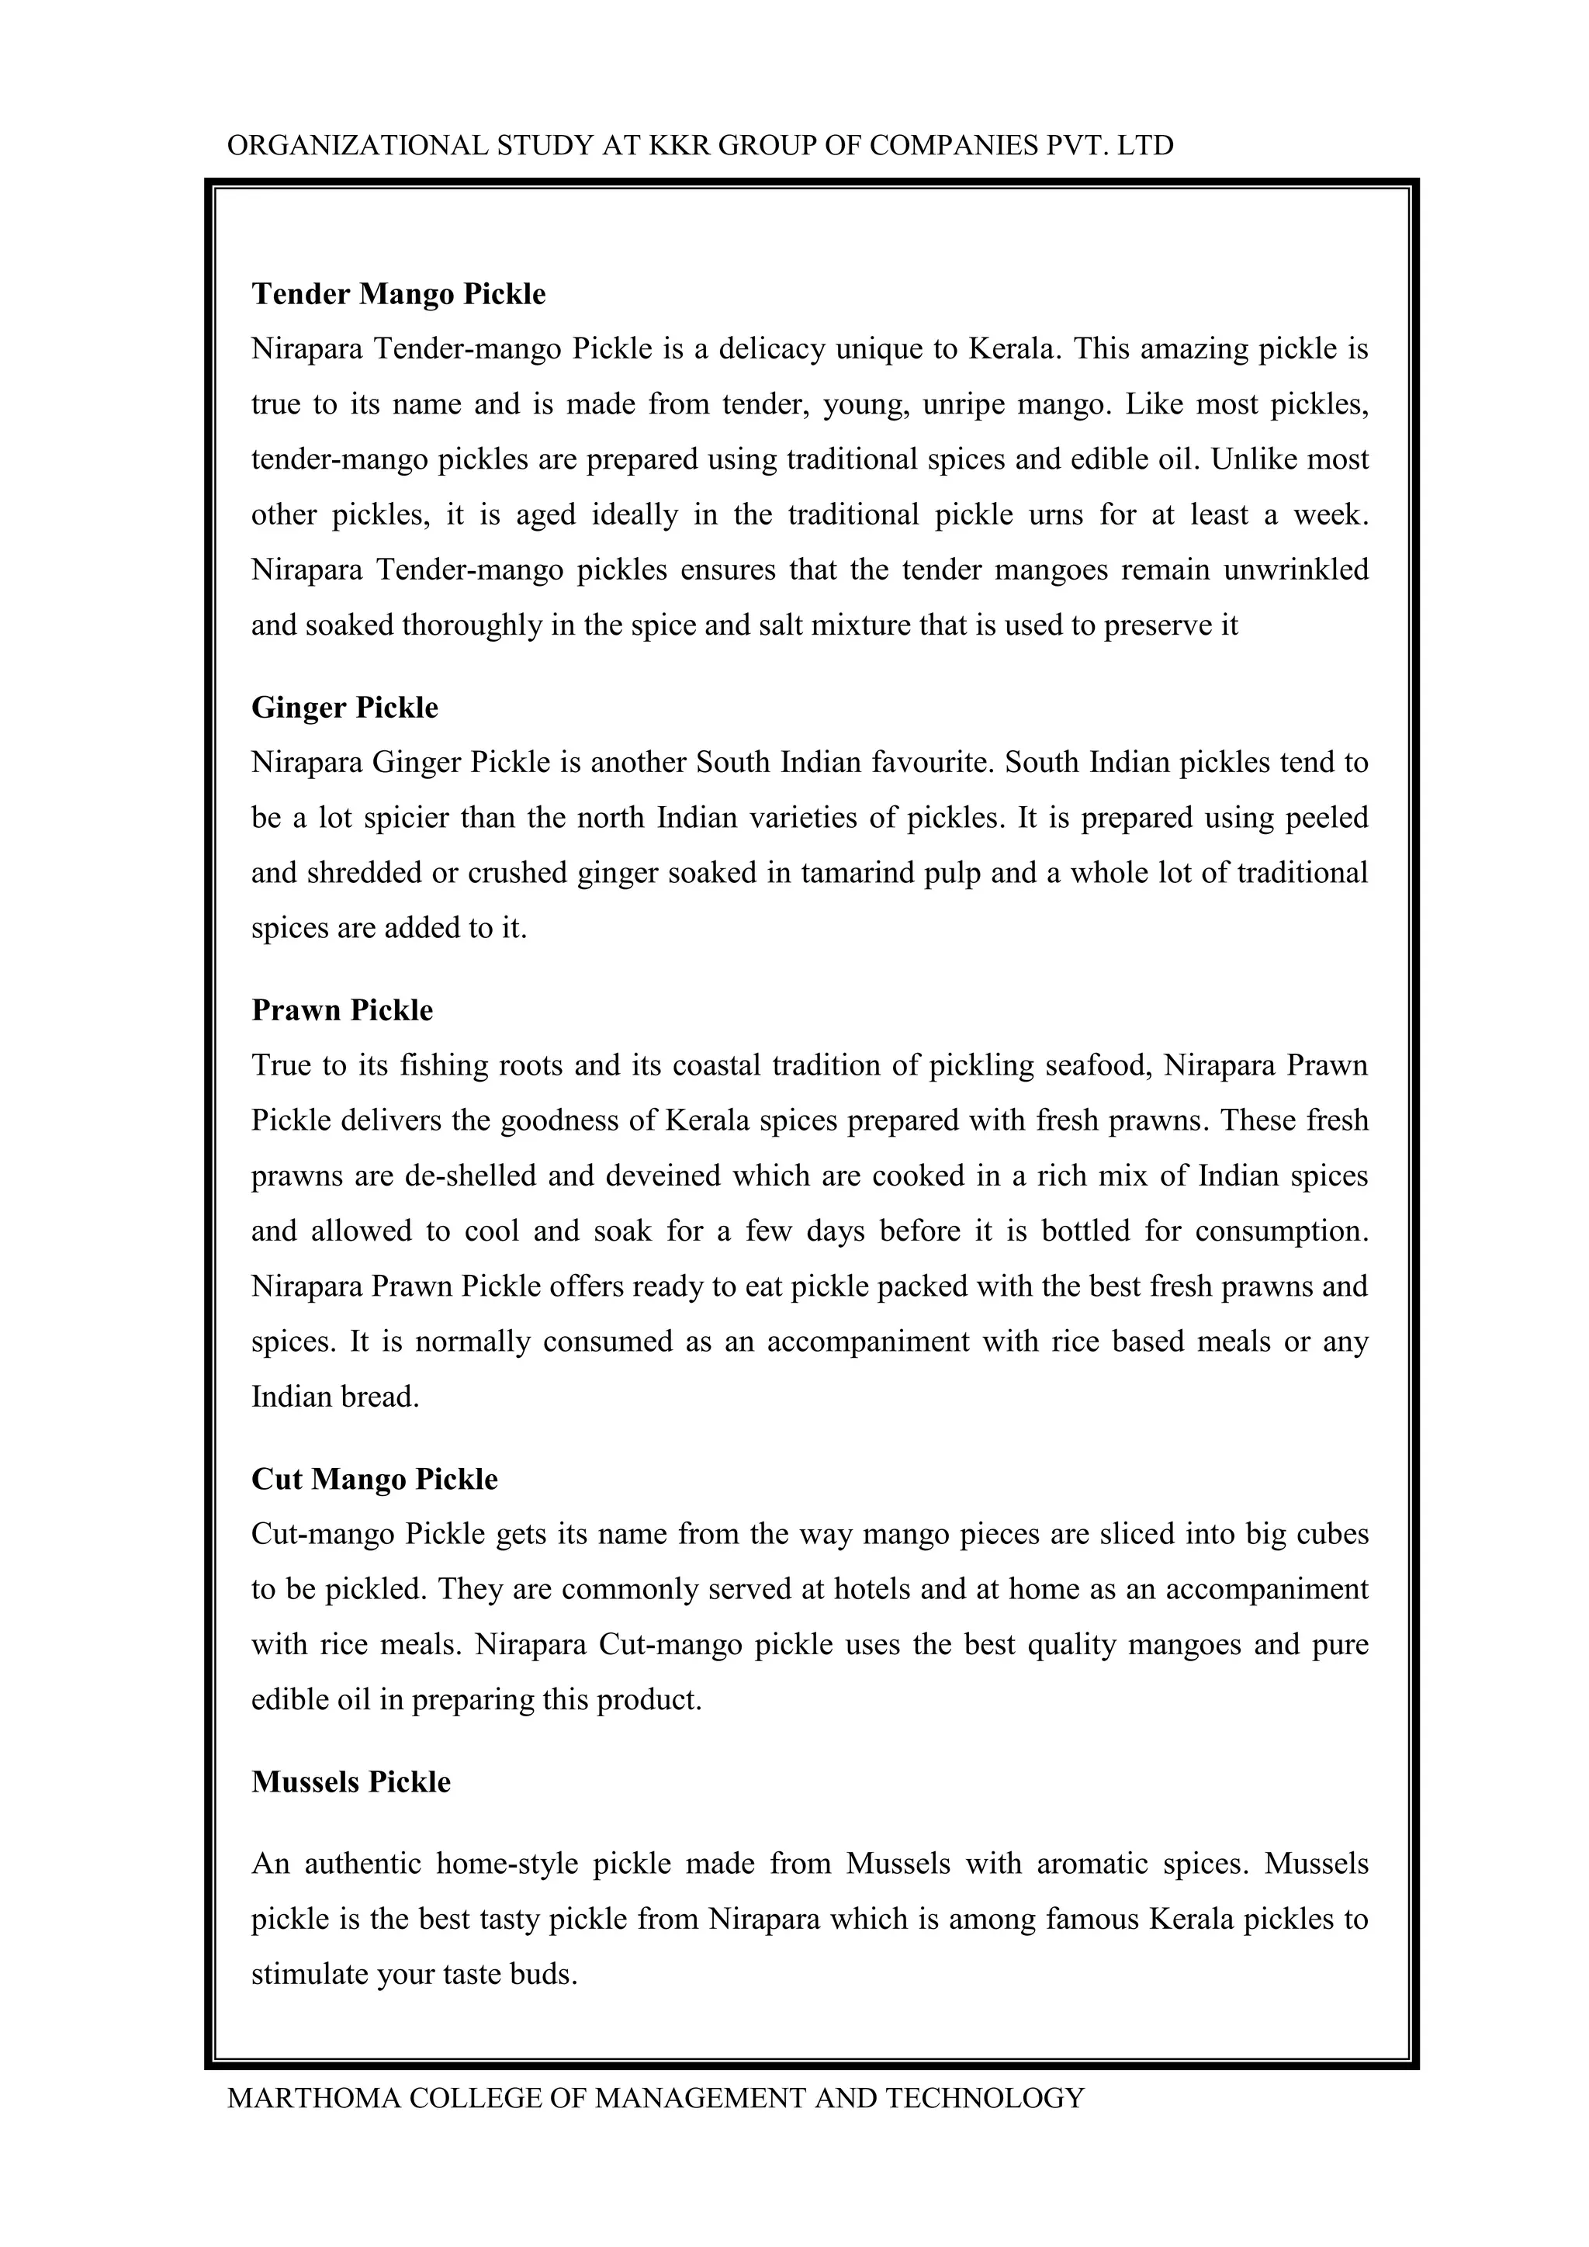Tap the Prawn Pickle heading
[x=341, y=1010]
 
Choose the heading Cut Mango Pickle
[x=374, y=1478]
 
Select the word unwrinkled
[x=1296, y=570]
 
